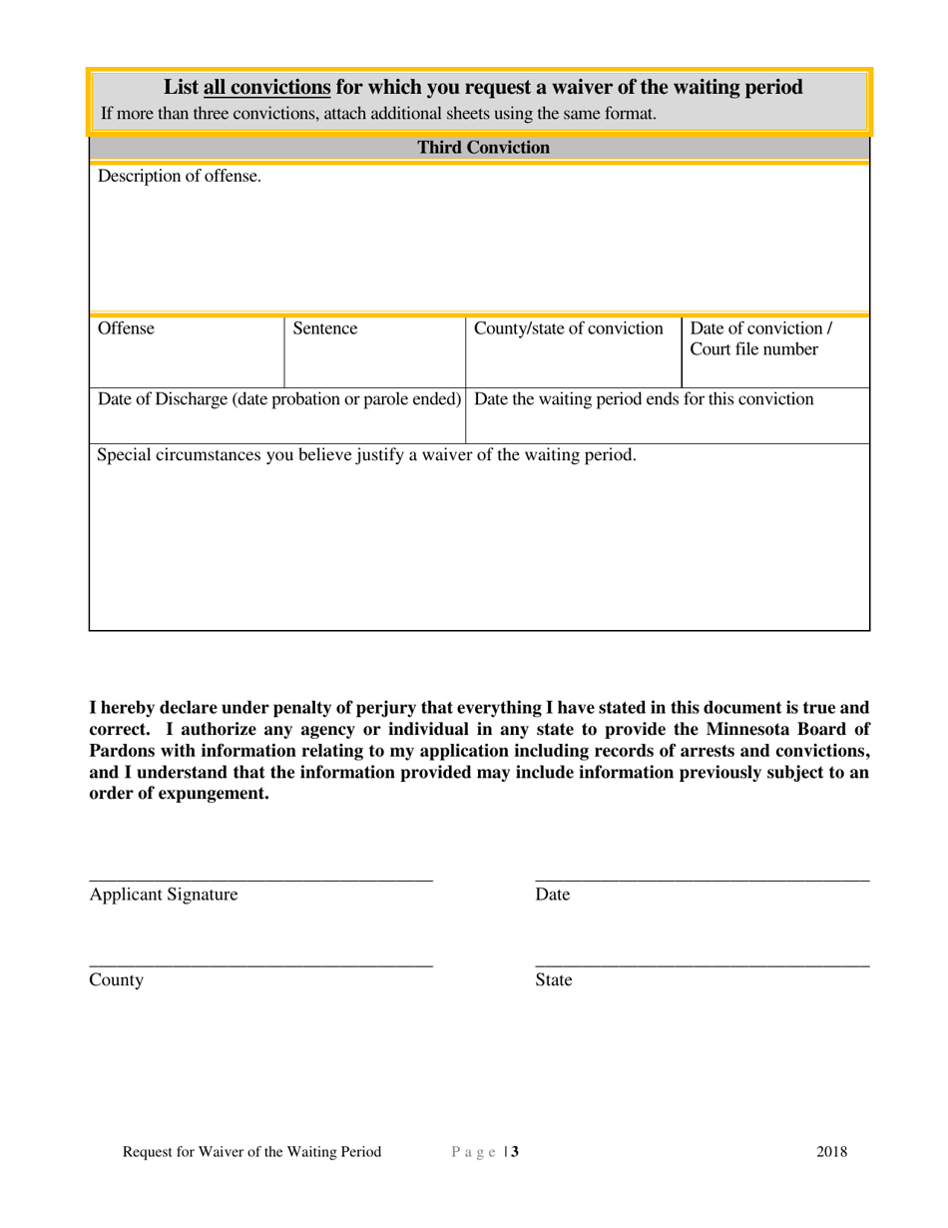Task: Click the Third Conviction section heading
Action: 483,148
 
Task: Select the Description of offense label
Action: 180,177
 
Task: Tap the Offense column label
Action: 126,328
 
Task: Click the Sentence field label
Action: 325,328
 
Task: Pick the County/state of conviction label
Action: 568,328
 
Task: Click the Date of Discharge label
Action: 279,399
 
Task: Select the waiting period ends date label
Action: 644,399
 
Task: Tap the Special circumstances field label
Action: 366,455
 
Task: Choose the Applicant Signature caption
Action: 164,895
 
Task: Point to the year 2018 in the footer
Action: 831,1152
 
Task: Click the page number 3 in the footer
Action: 515,1152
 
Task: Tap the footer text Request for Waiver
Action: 251,1152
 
